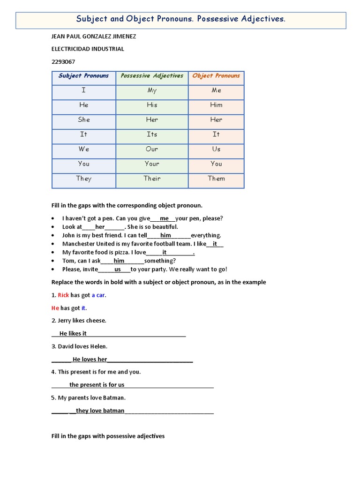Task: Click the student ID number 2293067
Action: tap(63, 61)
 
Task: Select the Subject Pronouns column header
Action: tap(83, 76)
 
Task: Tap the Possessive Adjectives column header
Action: tap(152, 76)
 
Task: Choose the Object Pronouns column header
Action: tap(216, 76)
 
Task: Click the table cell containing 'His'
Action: tap(152, 105)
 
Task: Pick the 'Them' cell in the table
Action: tap(216, 179)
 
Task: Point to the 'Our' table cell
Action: tap(152, 149)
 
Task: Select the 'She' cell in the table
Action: tap(83, 120)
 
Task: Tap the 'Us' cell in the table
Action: tap(216, 149)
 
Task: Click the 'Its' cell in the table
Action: tap(152, 135)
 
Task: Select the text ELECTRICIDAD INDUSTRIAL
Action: tap(87, 49)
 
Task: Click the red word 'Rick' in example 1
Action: tap(63, 295)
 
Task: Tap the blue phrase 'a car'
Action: tap(98, 295)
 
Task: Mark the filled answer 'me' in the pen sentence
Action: tap(164, 218)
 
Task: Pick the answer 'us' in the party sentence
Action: tap(118, 269)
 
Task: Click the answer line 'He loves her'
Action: tap(90, 360)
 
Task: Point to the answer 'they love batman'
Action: tap(100, 411)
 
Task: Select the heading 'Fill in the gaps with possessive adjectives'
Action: tap(108, 436)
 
